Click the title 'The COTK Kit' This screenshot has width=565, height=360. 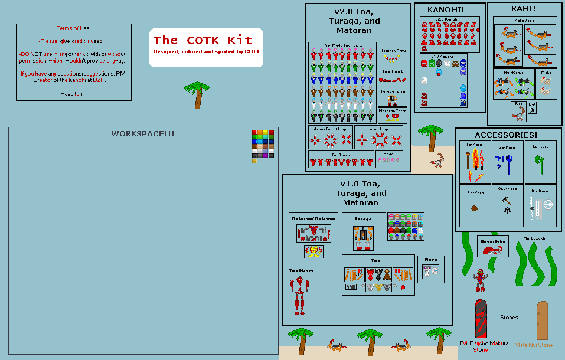point(203,40)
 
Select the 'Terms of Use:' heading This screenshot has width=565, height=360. point(74,28)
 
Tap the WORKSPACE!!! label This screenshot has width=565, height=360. point(143,134)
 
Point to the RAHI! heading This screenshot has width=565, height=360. point(523,8)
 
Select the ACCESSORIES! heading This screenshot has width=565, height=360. point(505,135)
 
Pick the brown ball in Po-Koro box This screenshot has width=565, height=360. point(474,208)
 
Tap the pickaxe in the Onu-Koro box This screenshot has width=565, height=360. point(506,201)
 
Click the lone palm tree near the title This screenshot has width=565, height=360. point(197,94)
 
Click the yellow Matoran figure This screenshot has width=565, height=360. point(313,252)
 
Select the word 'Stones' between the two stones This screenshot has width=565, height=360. point(509,318)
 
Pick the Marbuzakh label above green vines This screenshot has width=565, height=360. point(534,238)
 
